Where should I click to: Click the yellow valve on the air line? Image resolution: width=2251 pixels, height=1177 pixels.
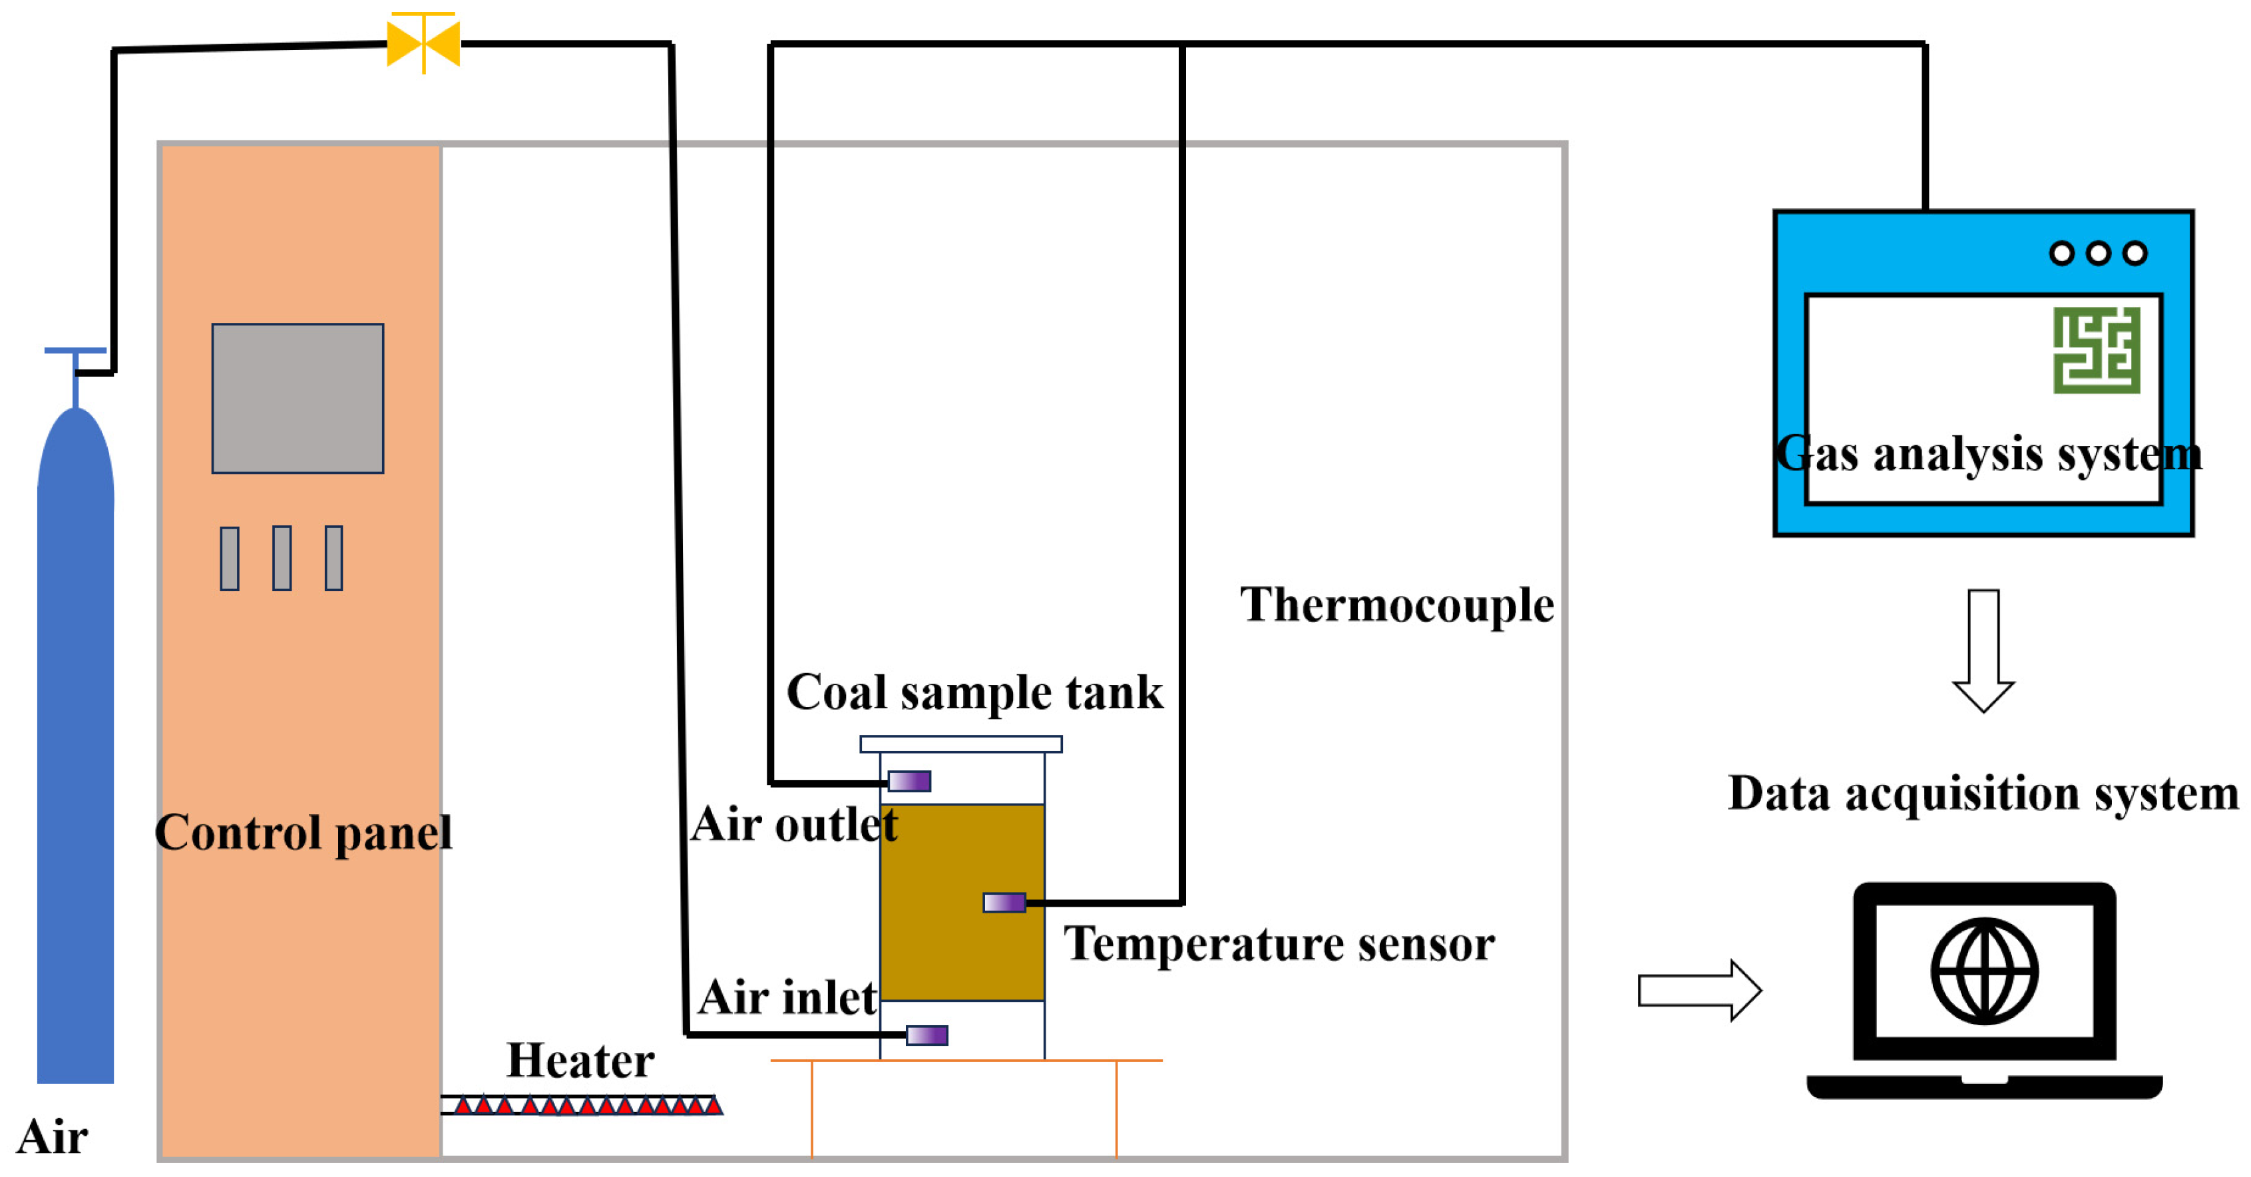(423, 43)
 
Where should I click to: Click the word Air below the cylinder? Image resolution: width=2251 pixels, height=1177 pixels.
(53, 1136)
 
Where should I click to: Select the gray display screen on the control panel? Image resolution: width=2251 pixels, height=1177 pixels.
(297, 399)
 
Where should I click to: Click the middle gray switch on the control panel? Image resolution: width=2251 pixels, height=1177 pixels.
(282, 557)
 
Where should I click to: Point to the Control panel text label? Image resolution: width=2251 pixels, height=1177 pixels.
(304, 832)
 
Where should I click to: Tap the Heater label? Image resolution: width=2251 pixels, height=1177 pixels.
(580, 1060)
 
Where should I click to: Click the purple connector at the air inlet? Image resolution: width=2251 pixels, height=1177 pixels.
(926, 1035)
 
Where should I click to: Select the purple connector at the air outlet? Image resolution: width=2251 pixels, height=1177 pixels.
(909, 780)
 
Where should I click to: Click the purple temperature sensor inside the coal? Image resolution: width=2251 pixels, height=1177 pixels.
(1004, 902)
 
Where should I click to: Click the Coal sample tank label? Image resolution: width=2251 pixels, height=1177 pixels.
(974, 692)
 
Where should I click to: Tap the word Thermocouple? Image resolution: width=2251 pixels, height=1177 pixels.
(1396, 604)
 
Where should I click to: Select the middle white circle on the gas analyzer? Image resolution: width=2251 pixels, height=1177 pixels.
(2098, 254)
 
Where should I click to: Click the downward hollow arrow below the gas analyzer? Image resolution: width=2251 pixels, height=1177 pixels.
(1983, 651)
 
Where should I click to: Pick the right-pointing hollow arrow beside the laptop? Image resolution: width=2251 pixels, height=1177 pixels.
(1699, 990)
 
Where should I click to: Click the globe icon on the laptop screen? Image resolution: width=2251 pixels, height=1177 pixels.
(1985, 971)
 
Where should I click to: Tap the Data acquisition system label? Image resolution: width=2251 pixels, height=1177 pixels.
(1983, 794)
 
